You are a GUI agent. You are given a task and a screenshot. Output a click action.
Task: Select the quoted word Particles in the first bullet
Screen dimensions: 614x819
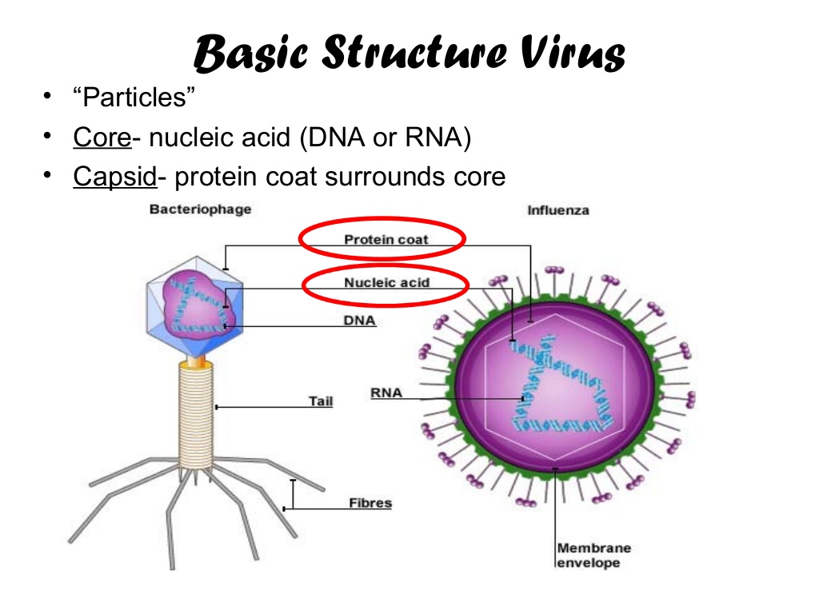click(x=134, y=98)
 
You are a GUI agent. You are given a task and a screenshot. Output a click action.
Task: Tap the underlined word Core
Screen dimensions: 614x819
click(x=102, y=138)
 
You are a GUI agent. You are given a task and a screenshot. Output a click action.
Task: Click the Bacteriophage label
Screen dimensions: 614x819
click(x=200, y=209)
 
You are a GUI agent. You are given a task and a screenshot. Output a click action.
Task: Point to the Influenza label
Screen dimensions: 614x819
click(x=557, y=210)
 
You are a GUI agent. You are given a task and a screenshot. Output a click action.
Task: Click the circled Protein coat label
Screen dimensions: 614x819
click(x=386, y=239)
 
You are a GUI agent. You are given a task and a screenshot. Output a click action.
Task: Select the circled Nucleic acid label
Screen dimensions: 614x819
click(x=386, y=282)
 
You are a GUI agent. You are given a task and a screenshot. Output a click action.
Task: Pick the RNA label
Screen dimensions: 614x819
click(x=386, y=393)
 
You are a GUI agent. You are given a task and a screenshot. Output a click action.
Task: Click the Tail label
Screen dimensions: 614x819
click(x=321, y=401)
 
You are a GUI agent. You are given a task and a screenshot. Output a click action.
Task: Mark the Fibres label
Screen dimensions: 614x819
click(x=370, y=503)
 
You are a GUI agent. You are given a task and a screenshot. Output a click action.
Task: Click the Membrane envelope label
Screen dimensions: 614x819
click(x=593, y=556)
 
